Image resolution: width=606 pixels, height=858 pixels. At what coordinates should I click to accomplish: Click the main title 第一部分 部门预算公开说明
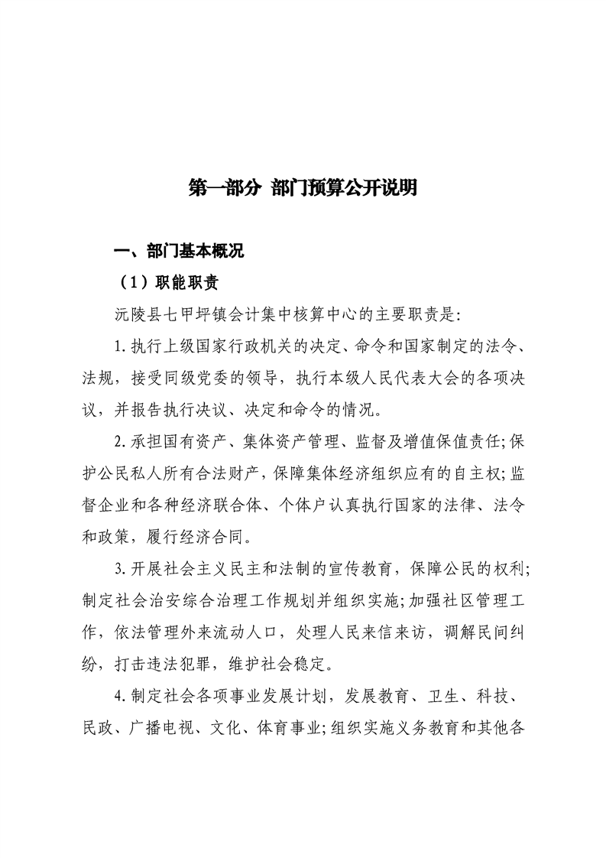[303, 189]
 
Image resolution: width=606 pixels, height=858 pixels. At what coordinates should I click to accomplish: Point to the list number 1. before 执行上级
[120, 346]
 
